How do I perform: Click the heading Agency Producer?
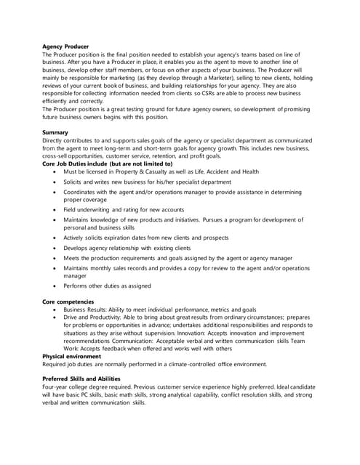click(65, 46)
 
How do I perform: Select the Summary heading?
click(55, 132)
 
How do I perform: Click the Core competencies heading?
click(68, 301)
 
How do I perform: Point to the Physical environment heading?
click(71, 356)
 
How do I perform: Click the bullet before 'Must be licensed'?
click(55, 172)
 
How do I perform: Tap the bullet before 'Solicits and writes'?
click(55, 182)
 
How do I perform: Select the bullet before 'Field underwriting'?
click(55, 209)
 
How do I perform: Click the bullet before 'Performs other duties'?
click(55, 286)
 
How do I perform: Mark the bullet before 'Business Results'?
click(55, 309)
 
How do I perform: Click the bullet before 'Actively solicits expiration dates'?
click(55, 237)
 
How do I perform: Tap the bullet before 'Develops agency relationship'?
click(55, 248)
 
